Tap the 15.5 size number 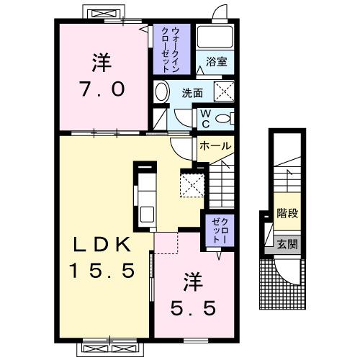(102, 271)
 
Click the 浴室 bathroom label (216, 62)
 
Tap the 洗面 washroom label (192, 92)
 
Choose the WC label (204, 117)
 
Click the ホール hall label (215, 146)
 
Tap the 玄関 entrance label (288, 244)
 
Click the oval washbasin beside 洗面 (162, 92)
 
